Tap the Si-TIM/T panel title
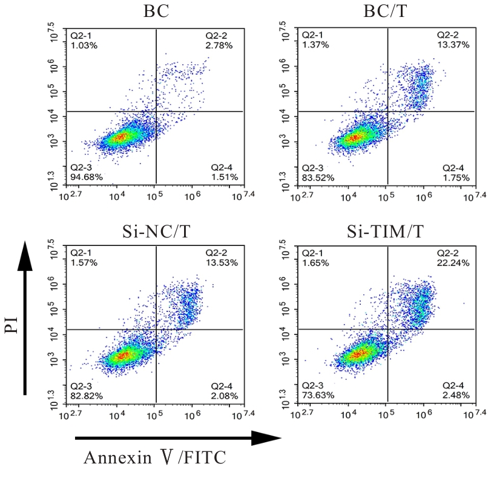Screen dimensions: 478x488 point(387,231)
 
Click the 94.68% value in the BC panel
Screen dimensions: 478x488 point(86,176)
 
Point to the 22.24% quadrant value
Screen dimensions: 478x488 point(452,263)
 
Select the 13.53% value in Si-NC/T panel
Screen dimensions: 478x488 point(222,263)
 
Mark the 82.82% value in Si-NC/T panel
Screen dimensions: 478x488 point(86,396)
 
